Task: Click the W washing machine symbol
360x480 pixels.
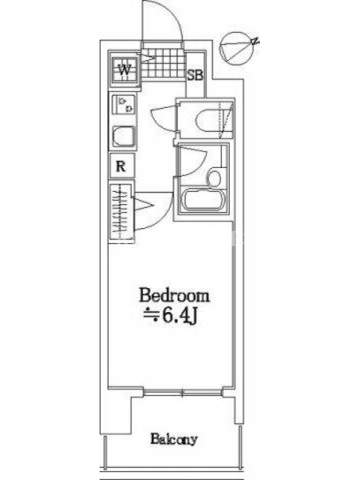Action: point(124,70)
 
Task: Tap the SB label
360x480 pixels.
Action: point(195,75)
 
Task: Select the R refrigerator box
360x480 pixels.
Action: point(121,166)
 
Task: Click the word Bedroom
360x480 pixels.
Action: point(175,296)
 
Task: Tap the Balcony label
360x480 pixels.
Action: point(173,439)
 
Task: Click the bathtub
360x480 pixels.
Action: point(204,200)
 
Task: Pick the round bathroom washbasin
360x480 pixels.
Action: point(214,178)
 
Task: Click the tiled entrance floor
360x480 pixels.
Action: point(163,65)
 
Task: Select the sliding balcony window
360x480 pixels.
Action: point(183,392)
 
